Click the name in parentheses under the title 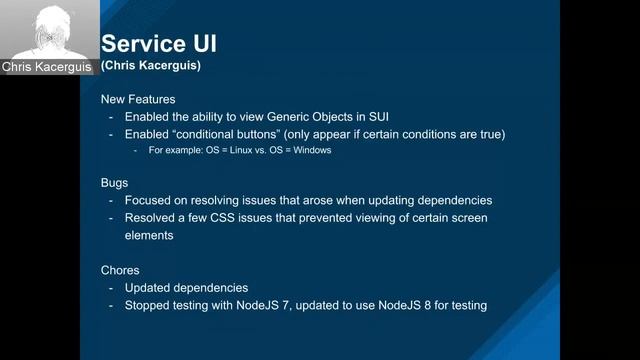150,66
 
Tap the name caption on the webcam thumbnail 47,67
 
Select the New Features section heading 137,100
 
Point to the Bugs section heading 116,184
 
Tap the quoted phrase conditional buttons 229,134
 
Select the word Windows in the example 312,151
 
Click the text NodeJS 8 408,305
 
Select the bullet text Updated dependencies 186,288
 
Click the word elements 153,236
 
